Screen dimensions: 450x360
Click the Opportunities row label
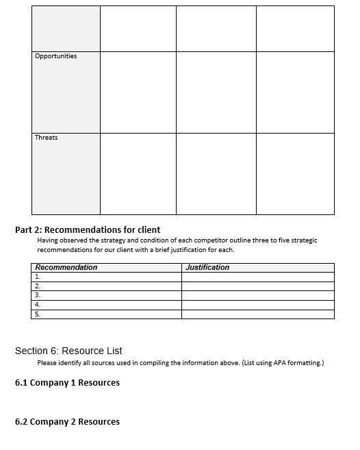coord(56,56)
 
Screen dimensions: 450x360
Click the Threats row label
coord(47,138)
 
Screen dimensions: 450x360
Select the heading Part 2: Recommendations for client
coord(88,230)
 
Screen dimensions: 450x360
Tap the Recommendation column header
coord(66,267)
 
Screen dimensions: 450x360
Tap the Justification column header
coord(207,267)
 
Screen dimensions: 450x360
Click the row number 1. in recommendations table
coord(38,277)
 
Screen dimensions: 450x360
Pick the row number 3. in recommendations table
coord(38,295)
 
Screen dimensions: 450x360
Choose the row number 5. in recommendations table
coord(38,314)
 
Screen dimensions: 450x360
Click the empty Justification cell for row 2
coord(257,286)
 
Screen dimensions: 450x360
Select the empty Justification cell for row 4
coord(257,305)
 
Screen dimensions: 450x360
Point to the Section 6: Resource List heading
coord(68,351)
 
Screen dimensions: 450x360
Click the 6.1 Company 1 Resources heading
coord(67,383)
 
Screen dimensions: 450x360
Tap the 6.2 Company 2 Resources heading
coord(67,422)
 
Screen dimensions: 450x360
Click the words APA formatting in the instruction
coord(296,363)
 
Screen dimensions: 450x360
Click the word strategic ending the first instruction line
coord(302,240)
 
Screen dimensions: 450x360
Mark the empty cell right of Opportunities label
coord(138,92)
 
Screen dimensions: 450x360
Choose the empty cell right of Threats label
coord(138,173)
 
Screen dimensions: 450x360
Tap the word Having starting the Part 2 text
coord(48,240)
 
